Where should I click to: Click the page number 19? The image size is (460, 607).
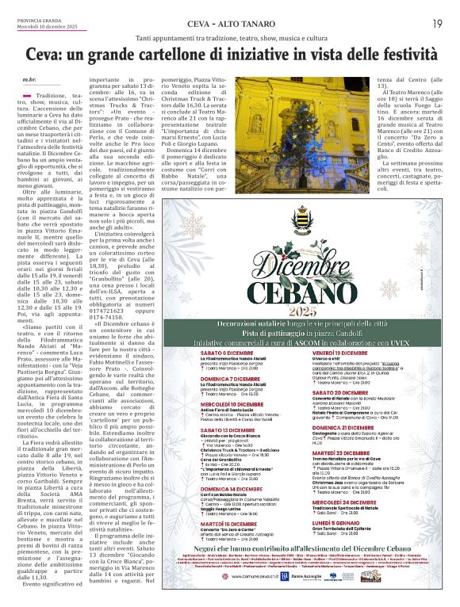[x=437, y=23]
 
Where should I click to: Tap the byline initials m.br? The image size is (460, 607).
[x=29, y=80]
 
